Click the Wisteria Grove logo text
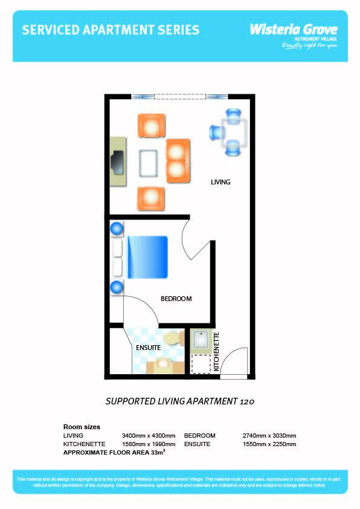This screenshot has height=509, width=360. pyautogui.click(x=294, y=29)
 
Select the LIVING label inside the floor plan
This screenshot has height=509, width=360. pyautogui.click(x=220, y=182)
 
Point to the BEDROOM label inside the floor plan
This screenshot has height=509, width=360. pyautogui.click(x=176, y=299)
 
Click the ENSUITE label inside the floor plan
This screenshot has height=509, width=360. pyautogui.click(x=148, y=348)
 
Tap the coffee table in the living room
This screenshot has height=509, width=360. pyautogui.click(x=149, y=163)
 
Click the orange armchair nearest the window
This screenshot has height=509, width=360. pyautogui.click(x=151, y=126)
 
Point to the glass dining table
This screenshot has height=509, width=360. pyautogui.click(x=233, y=132)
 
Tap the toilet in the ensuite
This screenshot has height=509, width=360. pyautogui.click(x=173, y=339)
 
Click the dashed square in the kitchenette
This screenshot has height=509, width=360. pyautogui.click(x=200, y=364)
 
